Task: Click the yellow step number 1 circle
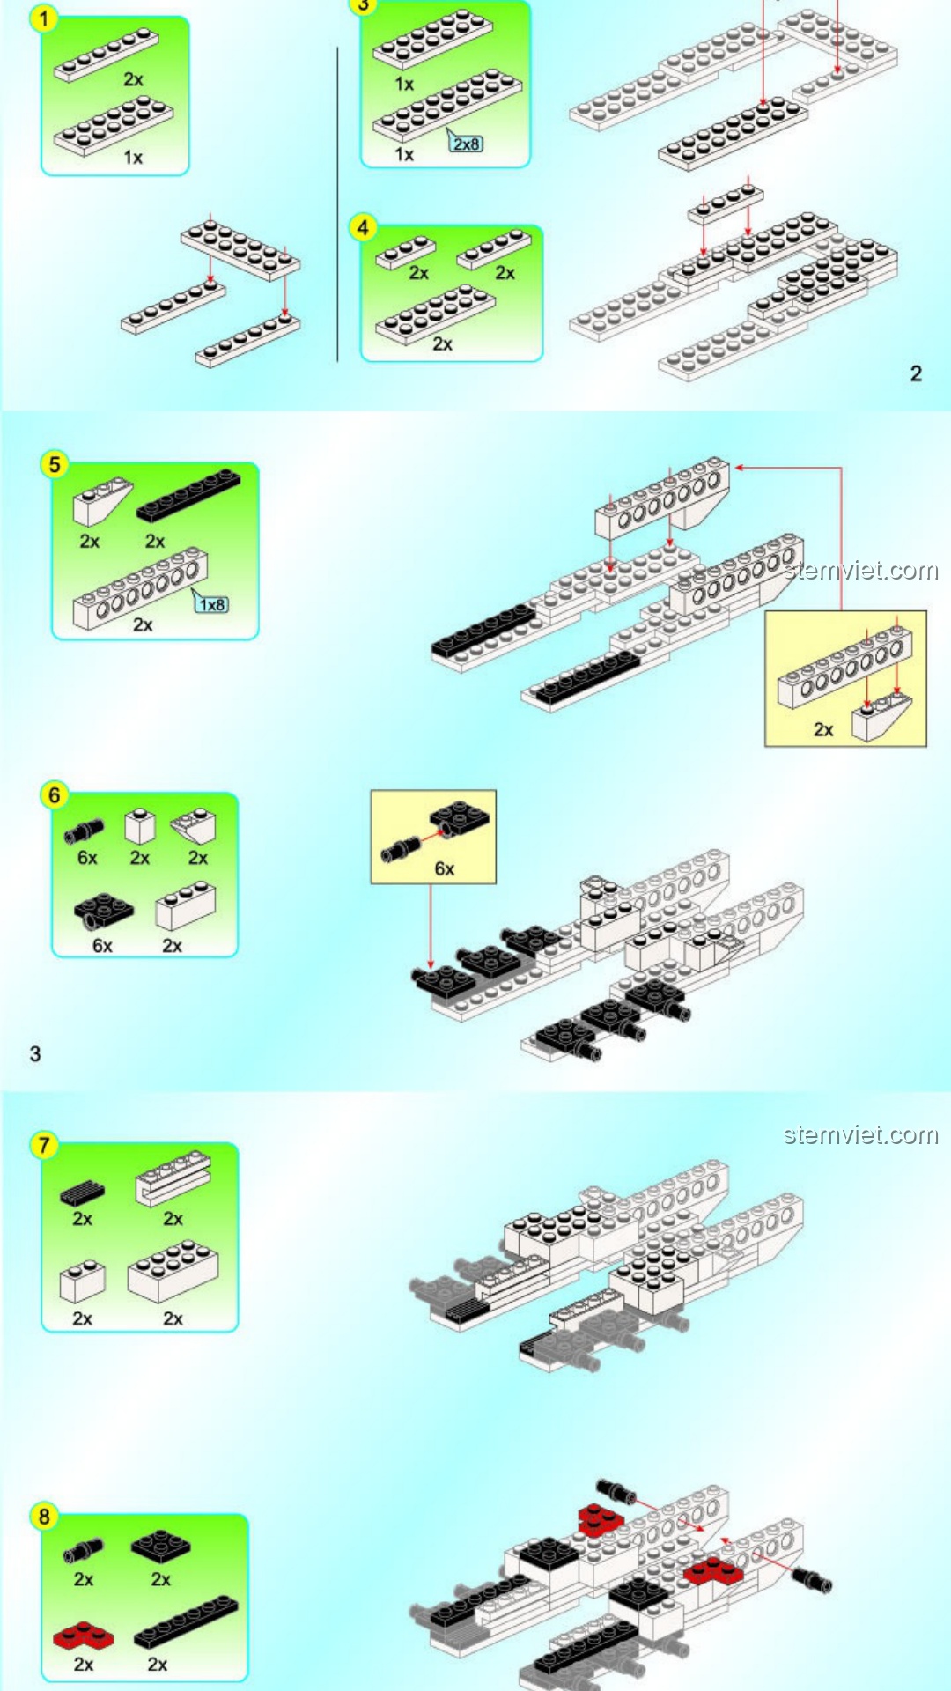pyautogui.click(x=43, y=18)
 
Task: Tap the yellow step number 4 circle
pyautogui.click(x=363, y=227)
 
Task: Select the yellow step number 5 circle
pyautogui.click(x=55, y=464)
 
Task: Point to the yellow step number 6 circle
pyautogui.click(x=55, y=795)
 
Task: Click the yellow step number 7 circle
pyautogui.click(x=44, y=1145)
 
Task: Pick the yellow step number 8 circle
pyautogui.click(x=44, y=1516)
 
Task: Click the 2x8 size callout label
pyautogui.click(x=467, y=144)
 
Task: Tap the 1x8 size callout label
pyautogui.click(x=212, y=604)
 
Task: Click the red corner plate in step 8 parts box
pyautogui.click(x=83, y=1636)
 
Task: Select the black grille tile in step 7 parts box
pyautogui.click(x=82, y=1193)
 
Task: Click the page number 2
pyautogui.click(x=916, y=373)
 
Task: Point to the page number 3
pyautogui.click(x=35, y=1053)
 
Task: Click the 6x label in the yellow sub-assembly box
pyautogui.click(x=445, y=869)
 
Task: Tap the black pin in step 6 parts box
pyautogui.click(x=84, y=830)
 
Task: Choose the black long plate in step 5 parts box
pyautogui.click(x=188, y=496)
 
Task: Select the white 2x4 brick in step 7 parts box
pyautogui.click(x=173, y=1271)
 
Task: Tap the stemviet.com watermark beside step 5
pyautogui.click(x=861, y=571)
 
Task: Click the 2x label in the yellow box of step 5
pyautogui.click(x=823, y=729)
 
